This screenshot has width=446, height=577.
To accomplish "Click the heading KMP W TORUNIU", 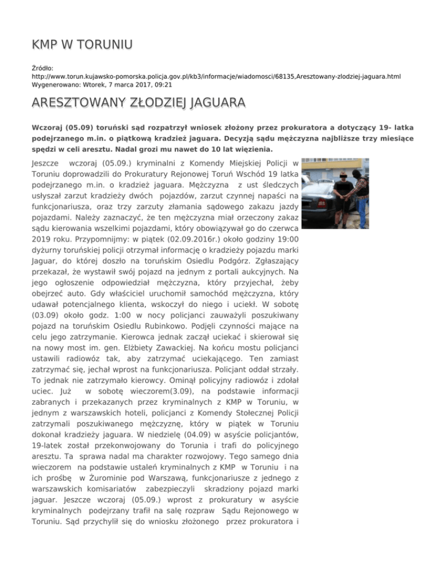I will (x=82, y=44).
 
